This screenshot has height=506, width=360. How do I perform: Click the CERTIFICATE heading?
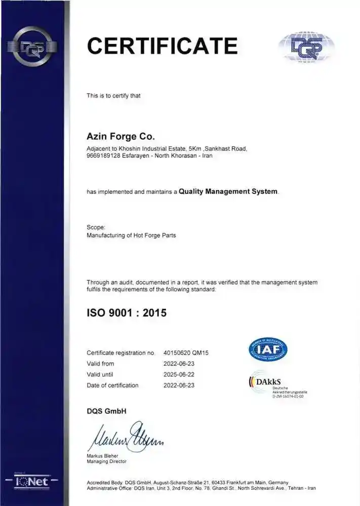point(162,46)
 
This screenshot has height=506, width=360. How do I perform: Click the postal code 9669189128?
point(106,155)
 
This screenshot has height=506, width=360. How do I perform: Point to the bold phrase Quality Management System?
point(228,192)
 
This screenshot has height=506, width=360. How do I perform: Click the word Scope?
point(95,228)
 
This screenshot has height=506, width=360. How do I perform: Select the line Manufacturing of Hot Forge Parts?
point(131,236)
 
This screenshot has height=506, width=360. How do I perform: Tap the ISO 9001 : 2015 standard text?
point(127,313)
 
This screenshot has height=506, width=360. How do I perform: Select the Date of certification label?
point(112,386)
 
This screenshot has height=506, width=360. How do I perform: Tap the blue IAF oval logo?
point(267,350)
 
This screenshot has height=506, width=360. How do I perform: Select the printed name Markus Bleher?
point(103,456)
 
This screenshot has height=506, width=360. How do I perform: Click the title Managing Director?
point(107,461)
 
